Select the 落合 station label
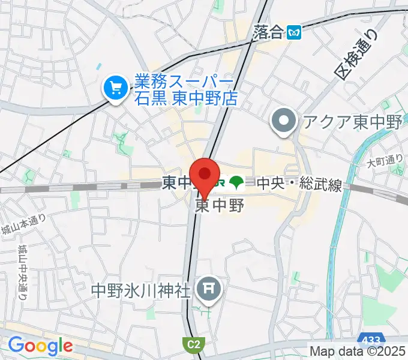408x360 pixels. (268, 32)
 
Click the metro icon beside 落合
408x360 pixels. (294, 32)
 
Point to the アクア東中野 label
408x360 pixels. (352, 122)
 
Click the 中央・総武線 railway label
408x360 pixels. (299, 184)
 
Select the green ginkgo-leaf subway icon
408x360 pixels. (239, 182)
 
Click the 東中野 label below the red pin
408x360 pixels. (220, 206)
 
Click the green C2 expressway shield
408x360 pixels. (190, 344)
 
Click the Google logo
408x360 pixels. (40, 346)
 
